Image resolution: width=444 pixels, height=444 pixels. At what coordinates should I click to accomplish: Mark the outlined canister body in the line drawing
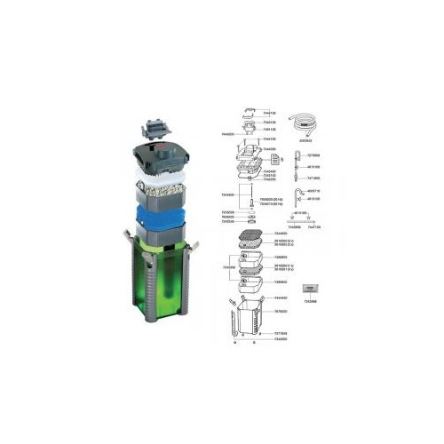tap(248, 321)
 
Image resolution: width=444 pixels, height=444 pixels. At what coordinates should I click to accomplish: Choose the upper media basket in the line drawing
tap(248, 258)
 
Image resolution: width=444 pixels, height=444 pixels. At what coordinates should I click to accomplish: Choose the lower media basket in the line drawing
tap(248, 281)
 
